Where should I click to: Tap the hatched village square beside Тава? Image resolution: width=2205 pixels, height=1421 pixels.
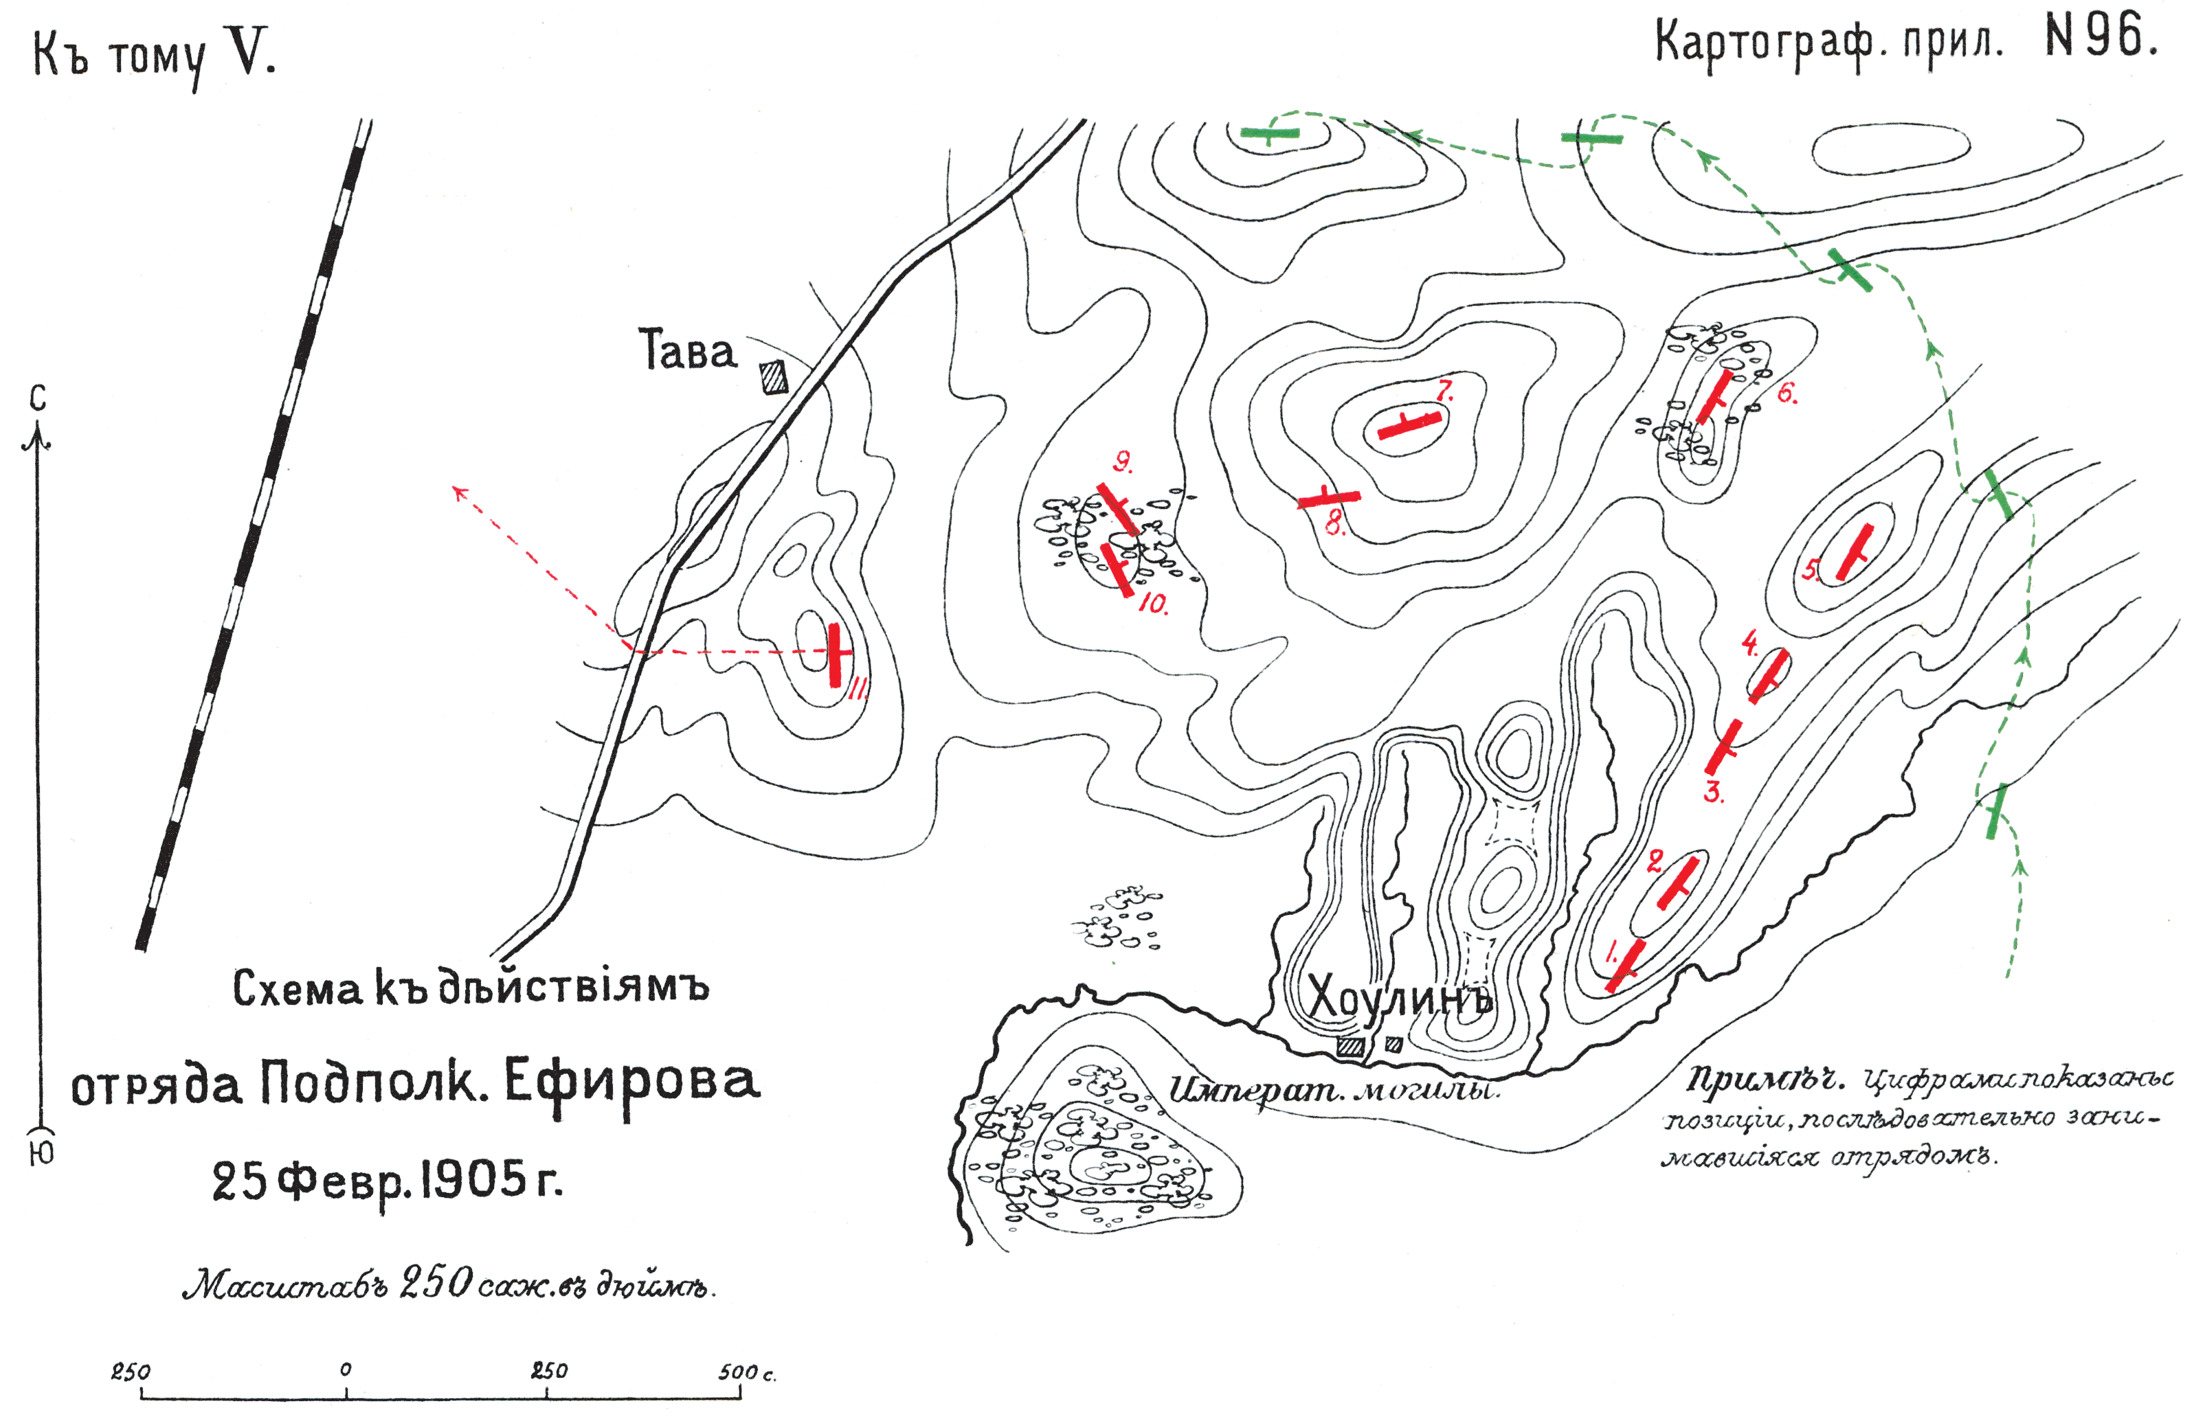pyautogui.click(x=774, y=377)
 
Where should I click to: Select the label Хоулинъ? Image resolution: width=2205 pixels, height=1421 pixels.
pyautogui.click(x=1398, y=999)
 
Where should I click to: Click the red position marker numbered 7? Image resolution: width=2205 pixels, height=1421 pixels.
pyautogui.click(x=1409, y=427)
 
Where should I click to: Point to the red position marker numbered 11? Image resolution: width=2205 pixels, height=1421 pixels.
pyautogui.click(x=836, y=655)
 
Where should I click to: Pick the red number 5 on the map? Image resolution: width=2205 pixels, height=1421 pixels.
pyautogui.click(x=1810, y=570)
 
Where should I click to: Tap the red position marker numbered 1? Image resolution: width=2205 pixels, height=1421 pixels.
pyautogui.click(x=1625, y=965)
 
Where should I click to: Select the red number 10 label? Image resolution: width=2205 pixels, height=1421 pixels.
pyautogui.click(x=1154, y=604)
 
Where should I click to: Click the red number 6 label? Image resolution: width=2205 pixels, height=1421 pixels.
pyautogui.click(x=1787, y=394)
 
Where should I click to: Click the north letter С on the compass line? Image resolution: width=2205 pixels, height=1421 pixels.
pyautogui.click(x=37, y=398)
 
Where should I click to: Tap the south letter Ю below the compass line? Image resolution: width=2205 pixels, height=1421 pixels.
pyautogui.click(x=41, y=1152)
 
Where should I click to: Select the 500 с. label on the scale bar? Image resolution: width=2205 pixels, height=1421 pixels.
pyautogui.click(x=746, y=1373)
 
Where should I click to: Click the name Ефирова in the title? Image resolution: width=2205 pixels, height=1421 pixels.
pyautogui.click(x=631, y=1083)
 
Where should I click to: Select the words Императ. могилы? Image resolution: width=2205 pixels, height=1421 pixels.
pyautogui.click(x=1334, y=1091)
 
